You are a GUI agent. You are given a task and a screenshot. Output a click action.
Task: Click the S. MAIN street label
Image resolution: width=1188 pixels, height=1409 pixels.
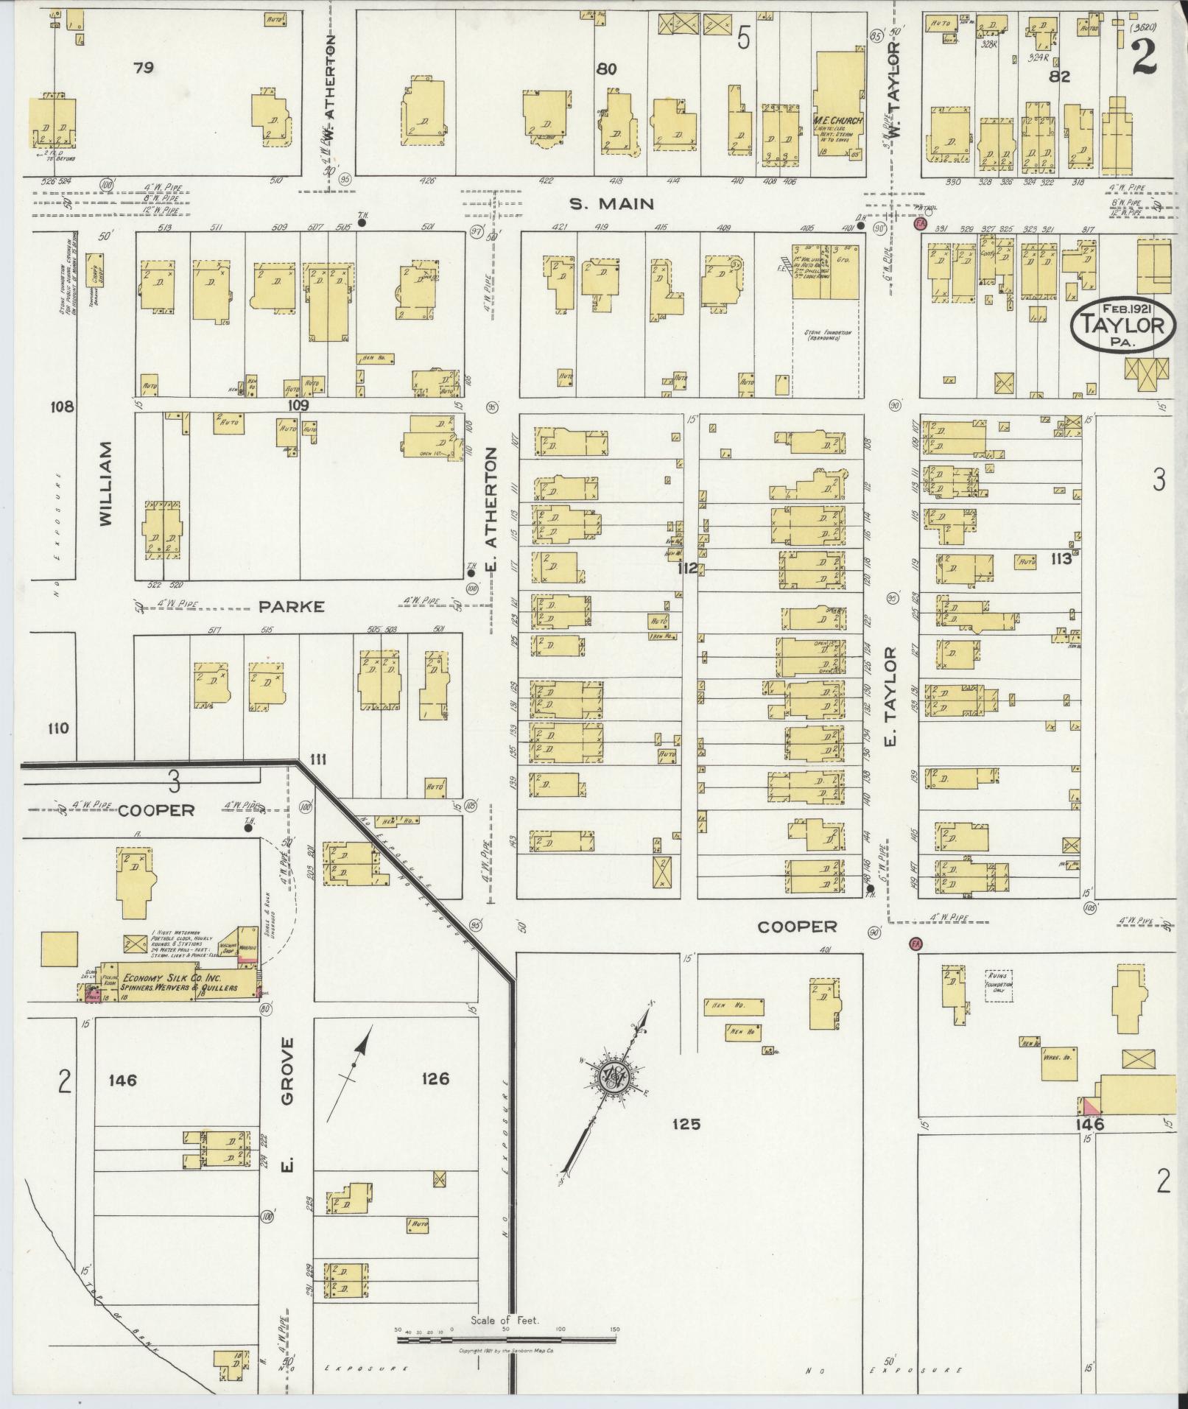click(x=612, y=203)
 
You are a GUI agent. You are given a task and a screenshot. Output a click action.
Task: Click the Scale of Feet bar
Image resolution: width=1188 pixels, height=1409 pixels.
click(x=507, y=1339)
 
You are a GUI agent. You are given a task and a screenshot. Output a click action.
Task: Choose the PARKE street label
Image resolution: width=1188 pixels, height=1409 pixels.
click(x=291, y=607)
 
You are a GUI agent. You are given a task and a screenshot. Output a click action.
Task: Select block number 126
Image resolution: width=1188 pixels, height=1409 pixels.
click(x=435, y=1079)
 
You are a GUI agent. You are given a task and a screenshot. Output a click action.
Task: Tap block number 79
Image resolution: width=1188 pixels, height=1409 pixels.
click(x=144, y=68)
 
